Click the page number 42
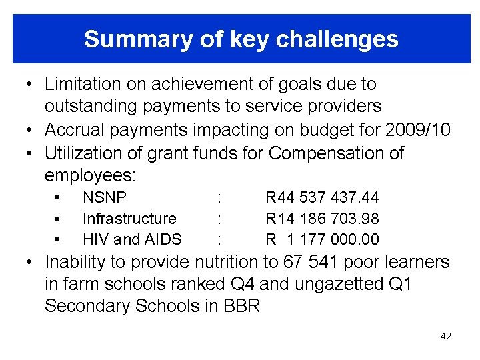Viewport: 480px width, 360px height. click(446, 336)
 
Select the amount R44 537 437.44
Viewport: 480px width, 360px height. click(322, 197)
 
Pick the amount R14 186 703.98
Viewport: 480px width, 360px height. click(322, 218)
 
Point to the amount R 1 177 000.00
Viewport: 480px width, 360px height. click(322, 239)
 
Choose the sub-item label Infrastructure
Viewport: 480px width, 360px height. click(129, 218)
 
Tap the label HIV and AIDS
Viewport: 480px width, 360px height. click(131, 239)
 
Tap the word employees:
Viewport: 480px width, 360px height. click(90, 175)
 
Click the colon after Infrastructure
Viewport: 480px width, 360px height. click(219, 218)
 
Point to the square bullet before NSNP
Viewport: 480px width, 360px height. click(58, 197)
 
